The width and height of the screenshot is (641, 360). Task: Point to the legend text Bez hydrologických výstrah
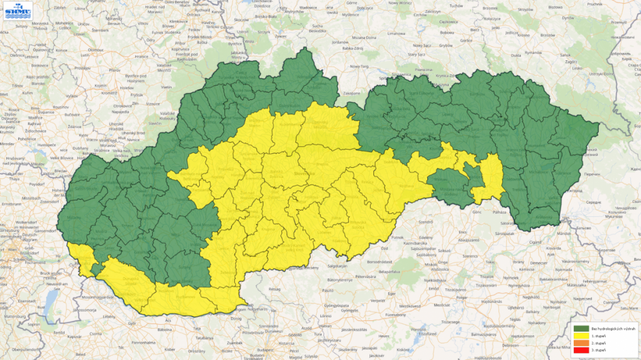608,329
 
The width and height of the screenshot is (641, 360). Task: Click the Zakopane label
334,93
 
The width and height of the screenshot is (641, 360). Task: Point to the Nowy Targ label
359,66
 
